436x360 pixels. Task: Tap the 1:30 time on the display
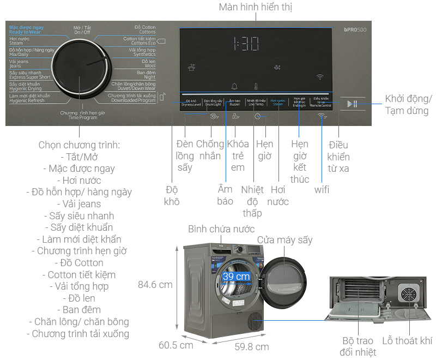click(246, 44)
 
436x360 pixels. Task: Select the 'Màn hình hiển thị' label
click(256, 7)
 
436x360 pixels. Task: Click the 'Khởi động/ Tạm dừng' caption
click(408, 105)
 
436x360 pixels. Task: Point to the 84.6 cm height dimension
click(155, 284)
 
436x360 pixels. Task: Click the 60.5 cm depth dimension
click(175, 345)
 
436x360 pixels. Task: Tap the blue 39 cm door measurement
click(236, 277)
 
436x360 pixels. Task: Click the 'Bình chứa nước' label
click(221, 229)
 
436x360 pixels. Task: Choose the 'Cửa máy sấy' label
click(284, 240)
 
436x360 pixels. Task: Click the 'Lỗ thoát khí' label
click(407, 341)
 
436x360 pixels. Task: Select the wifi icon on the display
click(319, 77)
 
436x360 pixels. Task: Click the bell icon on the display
click(235, 86)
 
